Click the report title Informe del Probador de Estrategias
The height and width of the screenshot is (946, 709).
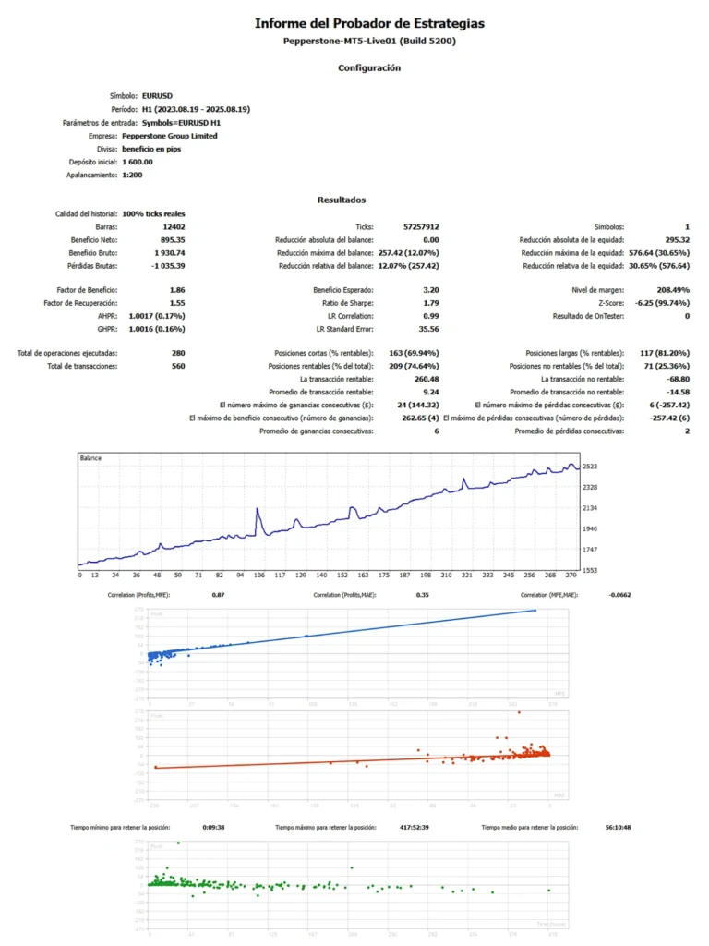tap(368, 23)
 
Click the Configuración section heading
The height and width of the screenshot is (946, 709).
tap(368, 67)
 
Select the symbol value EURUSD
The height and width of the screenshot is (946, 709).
tap(157, 95)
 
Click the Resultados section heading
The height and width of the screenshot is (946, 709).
tap(342, 200)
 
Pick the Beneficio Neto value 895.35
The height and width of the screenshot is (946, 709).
tap(173, 239)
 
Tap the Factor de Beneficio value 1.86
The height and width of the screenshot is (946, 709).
tap(177, 290)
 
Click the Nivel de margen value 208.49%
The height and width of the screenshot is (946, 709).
tap(669, 290)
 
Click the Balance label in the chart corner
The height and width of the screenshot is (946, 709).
tap(91, 458)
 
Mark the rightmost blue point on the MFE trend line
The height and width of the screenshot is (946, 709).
tap(535, 611)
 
